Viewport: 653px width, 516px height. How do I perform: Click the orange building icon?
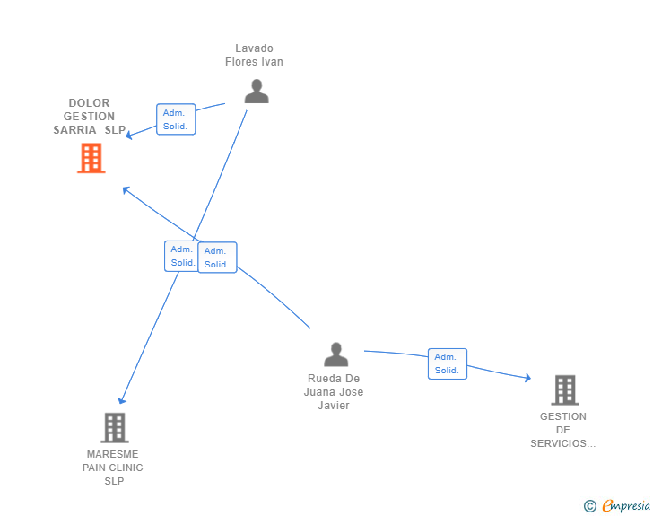[91, 158]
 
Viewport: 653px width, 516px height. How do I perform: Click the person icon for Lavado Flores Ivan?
[257, 91]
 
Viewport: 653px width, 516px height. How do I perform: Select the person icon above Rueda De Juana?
[336, 354]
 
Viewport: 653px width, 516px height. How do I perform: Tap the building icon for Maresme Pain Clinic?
[115, 428]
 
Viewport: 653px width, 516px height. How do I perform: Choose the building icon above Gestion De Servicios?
[565, 390]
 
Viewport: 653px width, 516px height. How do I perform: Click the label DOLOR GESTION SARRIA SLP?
[89, 117]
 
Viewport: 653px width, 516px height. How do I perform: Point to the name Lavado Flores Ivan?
[254, 55]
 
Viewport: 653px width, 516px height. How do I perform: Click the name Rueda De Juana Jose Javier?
[334, 392]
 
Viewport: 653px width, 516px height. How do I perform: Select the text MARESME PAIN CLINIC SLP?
[112, 468]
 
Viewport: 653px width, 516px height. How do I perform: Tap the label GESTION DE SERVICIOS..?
[563, 430]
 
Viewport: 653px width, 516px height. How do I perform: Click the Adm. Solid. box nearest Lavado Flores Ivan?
[176, 119]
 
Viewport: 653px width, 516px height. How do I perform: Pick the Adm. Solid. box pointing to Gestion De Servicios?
[448, 363]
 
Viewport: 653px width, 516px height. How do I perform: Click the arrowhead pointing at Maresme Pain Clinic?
[121, 400]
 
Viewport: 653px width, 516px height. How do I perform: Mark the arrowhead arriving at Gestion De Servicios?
[527, 378]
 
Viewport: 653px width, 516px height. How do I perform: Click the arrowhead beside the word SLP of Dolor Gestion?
[128, 135]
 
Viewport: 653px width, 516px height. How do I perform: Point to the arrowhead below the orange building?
[126, 190]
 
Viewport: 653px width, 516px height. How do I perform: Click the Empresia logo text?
[626, 506]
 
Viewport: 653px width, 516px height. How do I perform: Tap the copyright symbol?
[590, 506]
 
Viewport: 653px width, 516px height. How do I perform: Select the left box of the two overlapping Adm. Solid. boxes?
[181, 256]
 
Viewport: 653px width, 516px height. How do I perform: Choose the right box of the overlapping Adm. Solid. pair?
[217, 258]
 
